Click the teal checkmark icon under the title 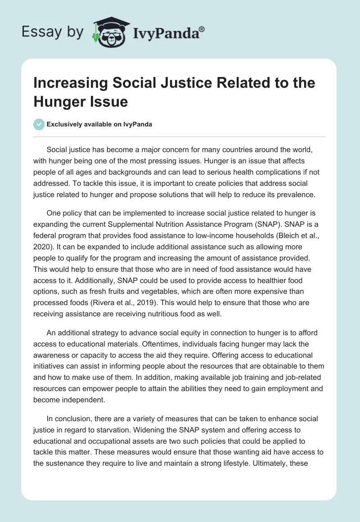point(39,124)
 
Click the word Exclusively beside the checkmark point(66,124)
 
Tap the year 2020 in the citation point(42,247)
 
